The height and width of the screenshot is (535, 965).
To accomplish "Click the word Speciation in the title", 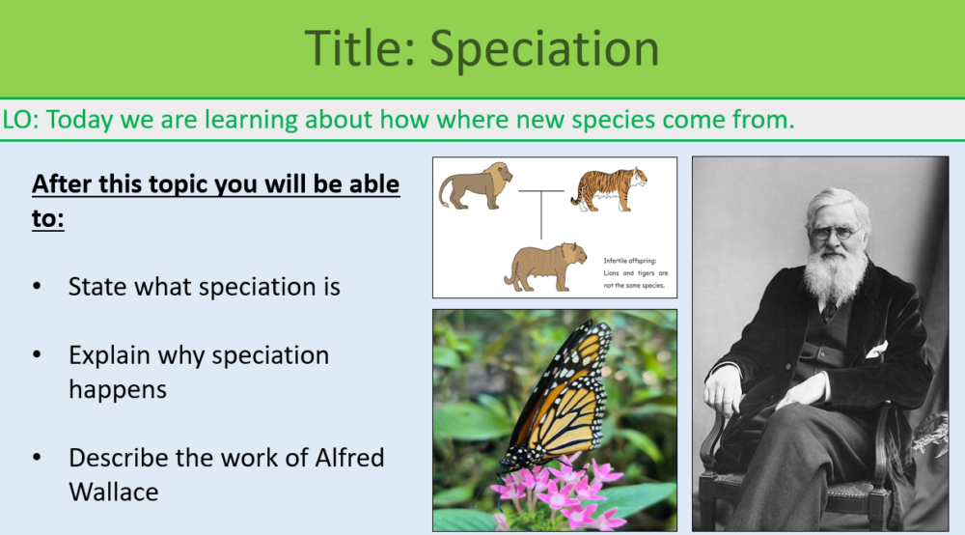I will pos(544,48).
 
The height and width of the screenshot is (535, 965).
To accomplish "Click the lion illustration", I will pos(476,185).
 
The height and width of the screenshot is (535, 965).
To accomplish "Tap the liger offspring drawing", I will pos(545,267).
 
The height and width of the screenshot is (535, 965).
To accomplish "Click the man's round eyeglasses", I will pos(836,233).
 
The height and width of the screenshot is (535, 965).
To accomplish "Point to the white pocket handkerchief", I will pos(876,349).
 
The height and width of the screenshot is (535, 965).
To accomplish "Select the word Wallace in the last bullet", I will pos(113,492).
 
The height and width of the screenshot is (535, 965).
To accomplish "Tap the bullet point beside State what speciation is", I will pos(37,288).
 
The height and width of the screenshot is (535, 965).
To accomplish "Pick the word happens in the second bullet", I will pos(117,389).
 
